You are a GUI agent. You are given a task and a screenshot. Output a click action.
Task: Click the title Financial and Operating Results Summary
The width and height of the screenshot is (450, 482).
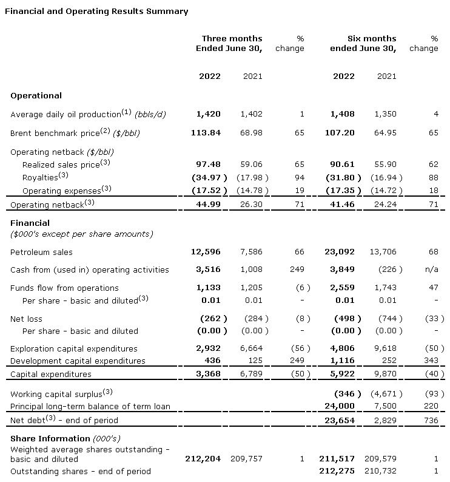(96, 11)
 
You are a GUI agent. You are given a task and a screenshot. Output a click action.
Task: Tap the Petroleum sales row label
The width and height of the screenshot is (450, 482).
(41, 251)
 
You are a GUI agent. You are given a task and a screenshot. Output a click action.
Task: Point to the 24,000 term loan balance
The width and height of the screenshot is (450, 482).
(341, 406)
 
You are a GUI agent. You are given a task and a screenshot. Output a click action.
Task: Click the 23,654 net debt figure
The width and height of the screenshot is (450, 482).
(341, 419)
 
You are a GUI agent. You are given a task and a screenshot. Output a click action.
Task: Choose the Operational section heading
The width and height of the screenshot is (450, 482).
(36, 95)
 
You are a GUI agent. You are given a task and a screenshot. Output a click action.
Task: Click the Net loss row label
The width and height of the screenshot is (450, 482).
(27, 318)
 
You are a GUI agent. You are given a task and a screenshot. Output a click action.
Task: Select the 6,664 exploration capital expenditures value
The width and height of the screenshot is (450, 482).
(252, 348)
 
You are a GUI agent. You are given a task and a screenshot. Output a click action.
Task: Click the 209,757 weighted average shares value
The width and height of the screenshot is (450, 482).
(246, 458)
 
